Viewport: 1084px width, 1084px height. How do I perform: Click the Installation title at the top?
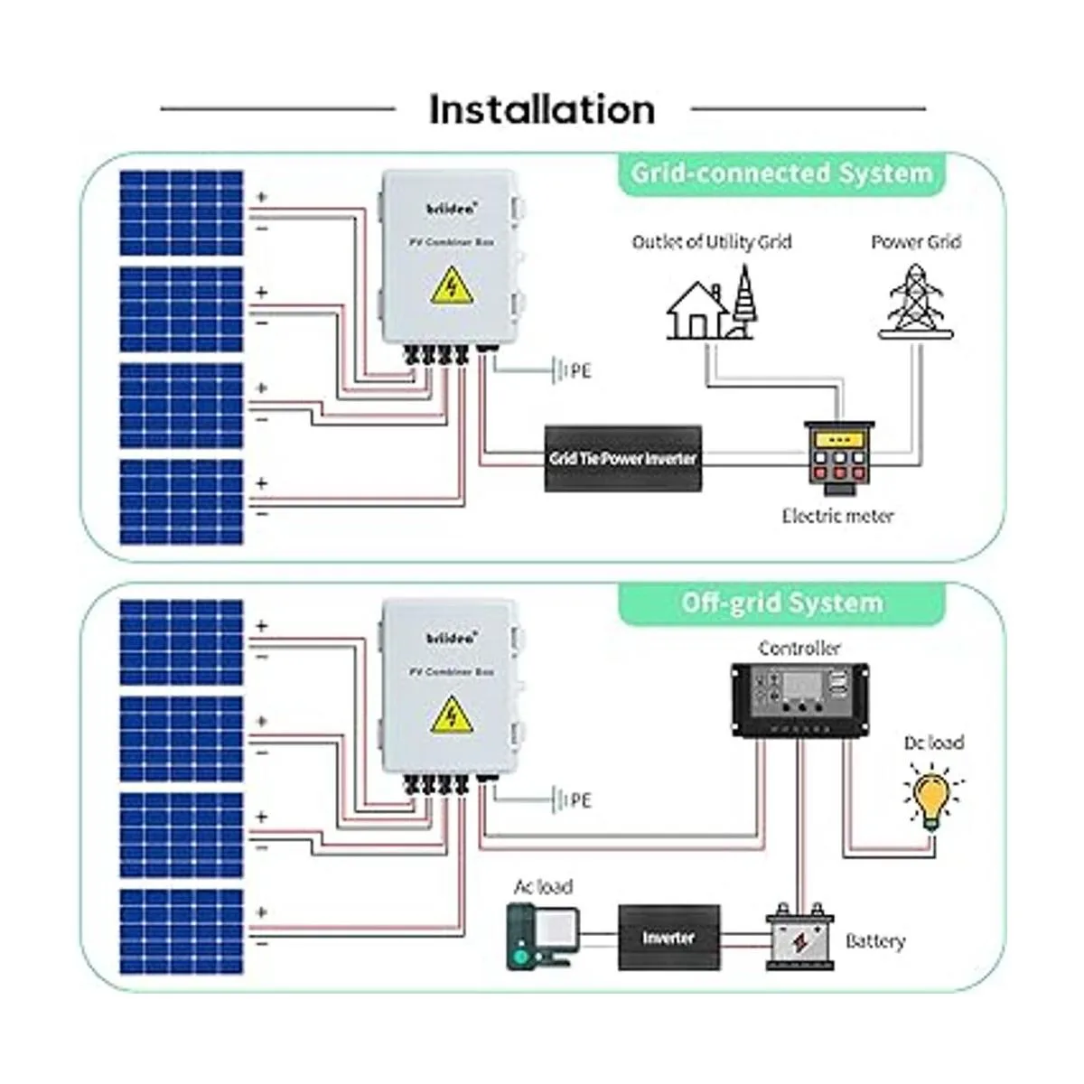(542, 109)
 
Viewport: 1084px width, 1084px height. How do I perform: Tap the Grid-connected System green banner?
(780, 173)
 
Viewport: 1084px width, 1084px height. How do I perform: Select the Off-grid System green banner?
(780, 603)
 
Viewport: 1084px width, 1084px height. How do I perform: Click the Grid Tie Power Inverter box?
(623, 458)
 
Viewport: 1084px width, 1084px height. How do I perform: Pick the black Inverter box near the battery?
(669, 938)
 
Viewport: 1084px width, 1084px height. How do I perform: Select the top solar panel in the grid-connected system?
(182, 213)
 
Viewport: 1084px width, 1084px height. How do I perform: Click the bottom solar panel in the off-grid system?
(182, 931)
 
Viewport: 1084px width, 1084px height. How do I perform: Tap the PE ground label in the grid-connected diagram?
(576, 370)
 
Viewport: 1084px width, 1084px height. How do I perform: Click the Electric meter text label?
(837, 516)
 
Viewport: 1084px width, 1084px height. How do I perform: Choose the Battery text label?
(874, 941)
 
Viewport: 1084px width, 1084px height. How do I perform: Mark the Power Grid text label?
(916, 242)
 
